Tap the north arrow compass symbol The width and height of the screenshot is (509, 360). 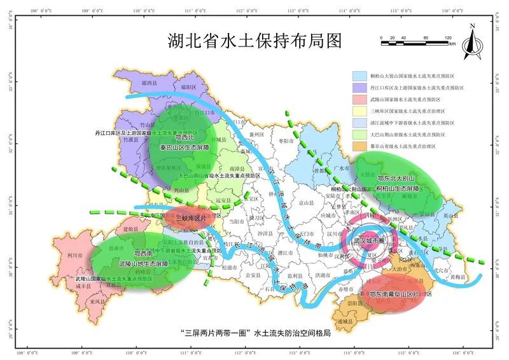click(471, 42)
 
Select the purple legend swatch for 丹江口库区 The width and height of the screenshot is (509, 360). click(360, 88)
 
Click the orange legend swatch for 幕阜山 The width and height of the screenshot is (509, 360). click(360, 146)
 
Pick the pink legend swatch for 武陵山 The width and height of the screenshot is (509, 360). click(360, 99)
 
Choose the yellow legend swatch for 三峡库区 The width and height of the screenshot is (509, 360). click(360, 111)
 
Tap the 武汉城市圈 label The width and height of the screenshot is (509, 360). click(370, 242)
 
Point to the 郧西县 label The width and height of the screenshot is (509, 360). click(149, 83)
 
